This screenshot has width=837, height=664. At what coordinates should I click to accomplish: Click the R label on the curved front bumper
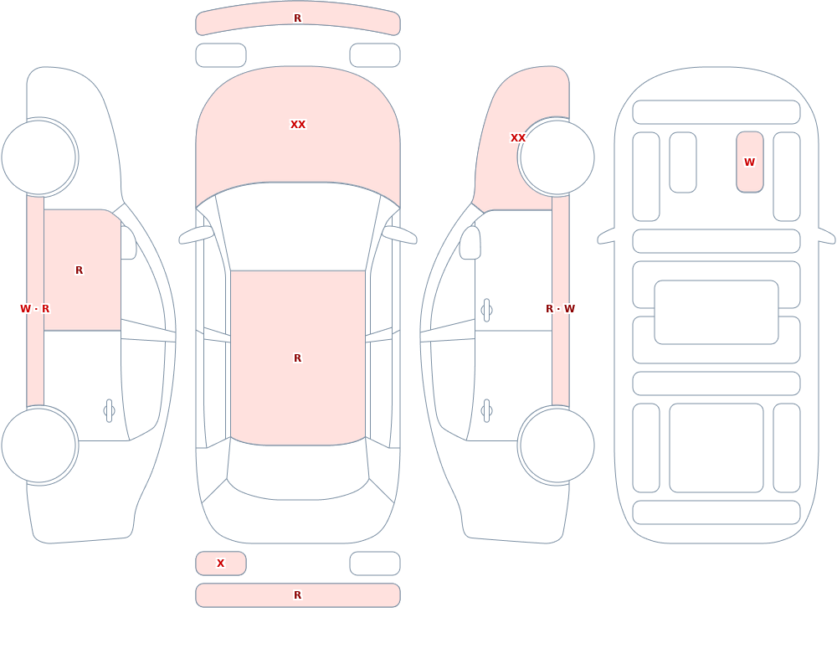coord(297,18)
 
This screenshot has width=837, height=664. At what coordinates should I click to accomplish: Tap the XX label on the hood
coord(298,125)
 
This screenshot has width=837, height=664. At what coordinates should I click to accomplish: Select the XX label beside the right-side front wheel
coord(518,138)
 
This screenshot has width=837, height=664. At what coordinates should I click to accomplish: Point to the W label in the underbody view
coord(749,162)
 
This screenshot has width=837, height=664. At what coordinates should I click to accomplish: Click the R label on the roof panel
coord(297,358)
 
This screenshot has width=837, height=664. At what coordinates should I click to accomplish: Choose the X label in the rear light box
coord(220,563)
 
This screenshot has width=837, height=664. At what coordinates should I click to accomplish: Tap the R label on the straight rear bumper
coord(297,595)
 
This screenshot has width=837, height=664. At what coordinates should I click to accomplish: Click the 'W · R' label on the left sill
coord(34,309)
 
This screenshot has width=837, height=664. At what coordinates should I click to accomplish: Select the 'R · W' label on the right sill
coord(561,309)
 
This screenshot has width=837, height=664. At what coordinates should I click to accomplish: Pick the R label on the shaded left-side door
coord(79,270)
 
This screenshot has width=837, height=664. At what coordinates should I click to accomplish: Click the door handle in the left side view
coord(109,411)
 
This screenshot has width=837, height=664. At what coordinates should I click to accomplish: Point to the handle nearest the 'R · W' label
coord(486,311)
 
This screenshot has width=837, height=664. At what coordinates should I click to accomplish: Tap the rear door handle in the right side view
coord(486,411)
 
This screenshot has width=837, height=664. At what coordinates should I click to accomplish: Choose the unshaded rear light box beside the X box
coord(375,564)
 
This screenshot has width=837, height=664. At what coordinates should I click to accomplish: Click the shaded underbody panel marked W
coord(749,162)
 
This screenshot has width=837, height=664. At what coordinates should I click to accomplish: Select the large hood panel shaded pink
coord(298,133)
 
